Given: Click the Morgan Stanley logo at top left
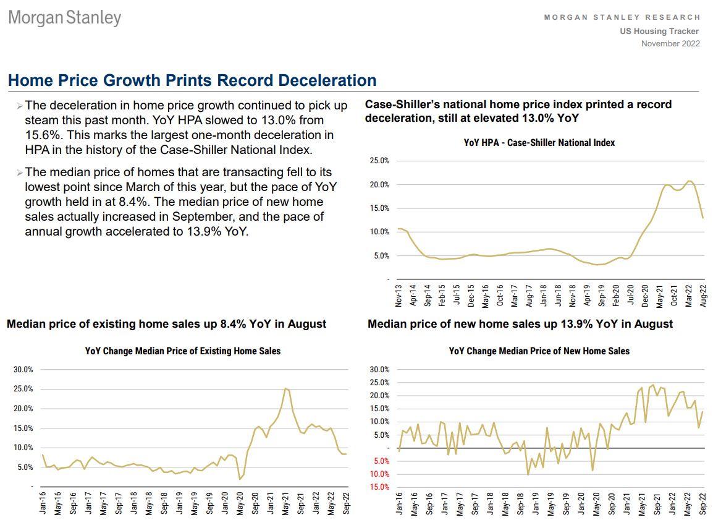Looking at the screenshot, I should (x=64, y=17).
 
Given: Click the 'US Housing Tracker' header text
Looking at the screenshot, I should (x=659, y=31).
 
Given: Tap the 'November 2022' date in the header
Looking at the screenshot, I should (x=670, y=43).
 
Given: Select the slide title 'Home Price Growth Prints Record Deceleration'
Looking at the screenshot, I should (x=192, y=80).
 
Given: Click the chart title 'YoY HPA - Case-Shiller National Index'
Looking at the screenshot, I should (x=539, y=143).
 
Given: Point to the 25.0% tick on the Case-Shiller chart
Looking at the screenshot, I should (x=379, y=161).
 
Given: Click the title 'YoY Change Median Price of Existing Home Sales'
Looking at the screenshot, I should (x=183, y=351).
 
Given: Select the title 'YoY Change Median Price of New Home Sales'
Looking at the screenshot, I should (x=539, y=351).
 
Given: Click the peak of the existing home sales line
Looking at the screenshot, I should (x=285, y=388).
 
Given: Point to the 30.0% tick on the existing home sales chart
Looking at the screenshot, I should (x=23, y=370).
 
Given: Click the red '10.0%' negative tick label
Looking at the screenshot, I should (x=379, y=474).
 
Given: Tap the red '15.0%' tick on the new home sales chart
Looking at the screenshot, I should (x=379, y=487).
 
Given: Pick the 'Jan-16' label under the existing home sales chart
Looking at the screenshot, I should (x=43, y=505).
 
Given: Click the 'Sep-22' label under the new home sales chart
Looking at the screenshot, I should (x=702, y=505).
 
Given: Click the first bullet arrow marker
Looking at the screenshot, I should (x=20, y=106).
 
